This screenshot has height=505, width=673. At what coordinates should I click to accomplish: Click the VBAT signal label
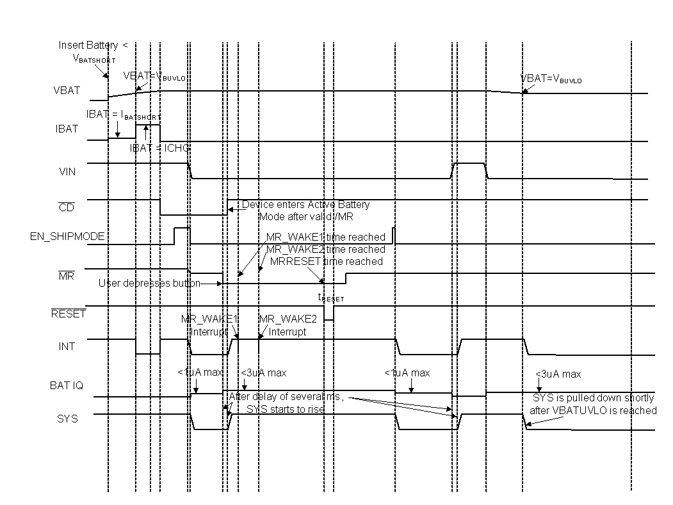67,90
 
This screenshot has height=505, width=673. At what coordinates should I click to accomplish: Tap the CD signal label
66,207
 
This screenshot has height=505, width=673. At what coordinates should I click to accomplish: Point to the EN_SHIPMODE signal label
67,237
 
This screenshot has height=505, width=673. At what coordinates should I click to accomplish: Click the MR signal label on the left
65,276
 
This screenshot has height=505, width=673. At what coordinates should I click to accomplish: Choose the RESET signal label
68,314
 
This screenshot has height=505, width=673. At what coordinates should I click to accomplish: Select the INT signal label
67,346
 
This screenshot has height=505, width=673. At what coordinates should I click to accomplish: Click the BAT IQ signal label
67,386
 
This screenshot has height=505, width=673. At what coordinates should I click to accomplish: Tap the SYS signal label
67,418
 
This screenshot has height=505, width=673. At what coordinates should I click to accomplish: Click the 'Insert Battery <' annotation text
93,45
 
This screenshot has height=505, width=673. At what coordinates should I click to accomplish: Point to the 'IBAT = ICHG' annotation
159,147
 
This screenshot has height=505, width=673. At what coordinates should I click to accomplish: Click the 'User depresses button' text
149,283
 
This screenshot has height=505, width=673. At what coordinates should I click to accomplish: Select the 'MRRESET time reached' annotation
326,261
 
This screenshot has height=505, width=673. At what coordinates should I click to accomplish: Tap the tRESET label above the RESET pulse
331,298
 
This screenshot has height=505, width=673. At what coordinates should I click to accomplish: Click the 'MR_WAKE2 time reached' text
326,249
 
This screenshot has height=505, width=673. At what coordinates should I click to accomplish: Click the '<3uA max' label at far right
558,374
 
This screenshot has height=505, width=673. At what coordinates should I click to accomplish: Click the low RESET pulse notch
328,313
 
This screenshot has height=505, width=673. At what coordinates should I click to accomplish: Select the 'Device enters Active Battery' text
305,205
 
